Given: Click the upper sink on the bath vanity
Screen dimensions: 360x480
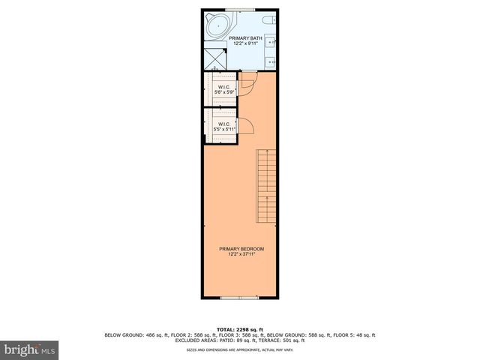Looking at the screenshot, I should coord(271,43).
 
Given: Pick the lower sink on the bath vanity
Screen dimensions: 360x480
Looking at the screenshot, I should coord(271,60).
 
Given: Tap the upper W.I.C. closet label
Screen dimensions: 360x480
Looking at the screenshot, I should coord(223,87).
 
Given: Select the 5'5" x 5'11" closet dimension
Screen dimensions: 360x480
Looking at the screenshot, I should coord(224,129).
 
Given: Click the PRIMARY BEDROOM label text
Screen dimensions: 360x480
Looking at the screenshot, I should coord(241,249).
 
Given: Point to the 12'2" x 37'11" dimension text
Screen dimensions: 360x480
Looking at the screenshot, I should coord(241,254).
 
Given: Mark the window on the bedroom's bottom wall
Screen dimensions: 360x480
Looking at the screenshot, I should coord(240,298).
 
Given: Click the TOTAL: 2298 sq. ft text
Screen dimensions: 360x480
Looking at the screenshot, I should coord(240,329).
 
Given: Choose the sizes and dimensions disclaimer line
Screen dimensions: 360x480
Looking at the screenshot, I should coord(240,350).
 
